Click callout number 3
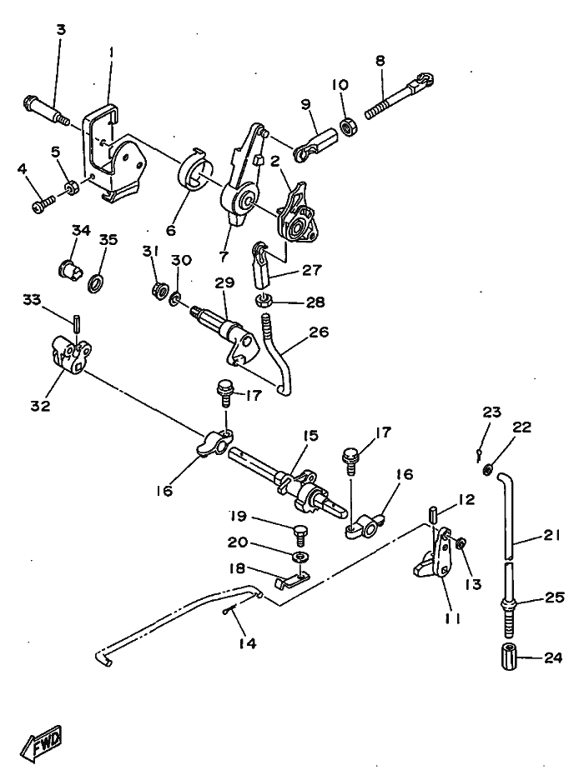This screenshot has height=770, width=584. point(61,29)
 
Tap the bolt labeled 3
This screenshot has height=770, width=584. point(46,112)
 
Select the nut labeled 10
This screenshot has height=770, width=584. point(349,128)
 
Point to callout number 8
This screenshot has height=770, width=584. point(380,61)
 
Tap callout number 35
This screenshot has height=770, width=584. point(108,240)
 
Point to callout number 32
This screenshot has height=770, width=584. point(41,406)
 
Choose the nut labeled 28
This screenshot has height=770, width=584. point(264,300)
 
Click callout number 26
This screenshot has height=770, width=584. point(319,332)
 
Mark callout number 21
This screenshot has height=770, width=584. point(552,534)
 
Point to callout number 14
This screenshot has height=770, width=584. point(247,643)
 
